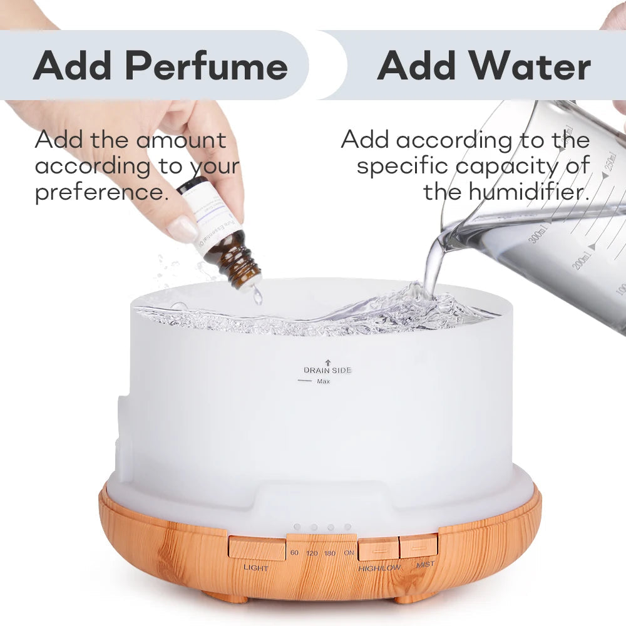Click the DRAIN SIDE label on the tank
(x=327, y=370)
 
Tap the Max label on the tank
(x=324, y=381)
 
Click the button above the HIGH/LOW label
(x=378, y=548)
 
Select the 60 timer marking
(x=295, y=553)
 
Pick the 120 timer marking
(x=312, y=553)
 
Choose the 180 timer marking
(x=330, y=553)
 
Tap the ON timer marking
(x=349, y=553)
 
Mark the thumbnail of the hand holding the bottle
(x=183, y=229)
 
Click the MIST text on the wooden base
(x=425, y=565)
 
